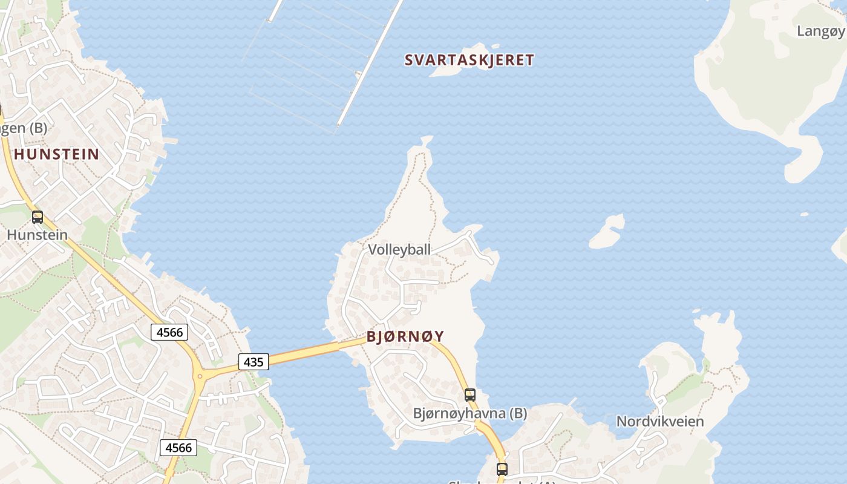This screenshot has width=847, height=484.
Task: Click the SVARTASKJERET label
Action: pyautogui.click(x=469, y=60)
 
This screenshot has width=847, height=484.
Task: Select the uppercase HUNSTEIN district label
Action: pyautogui.click(x=56, y=154)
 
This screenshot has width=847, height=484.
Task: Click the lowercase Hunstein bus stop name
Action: pyautogui.click(x=38, y=234)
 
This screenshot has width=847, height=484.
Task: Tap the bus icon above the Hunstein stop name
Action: pyautogui.click(x=38, y=217)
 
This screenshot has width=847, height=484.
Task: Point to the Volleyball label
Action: pyautogui.click(x=399, y=249)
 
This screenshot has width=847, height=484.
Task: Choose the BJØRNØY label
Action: pyautogui.click(x=405, y=336)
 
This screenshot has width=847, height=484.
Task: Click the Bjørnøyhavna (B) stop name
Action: pyautogui.click(x=470, y=413)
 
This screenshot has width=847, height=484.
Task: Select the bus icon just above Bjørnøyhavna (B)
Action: pyautogui.click(x=470, y=395)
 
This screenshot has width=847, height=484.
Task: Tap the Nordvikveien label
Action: pyautogui.click(x=660, y=421)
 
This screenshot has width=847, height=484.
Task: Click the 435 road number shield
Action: pyautogui.click(x=253, y=362)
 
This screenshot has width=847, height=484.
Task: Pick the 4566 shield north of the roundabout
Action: pyautogui.click(x=169, y=332)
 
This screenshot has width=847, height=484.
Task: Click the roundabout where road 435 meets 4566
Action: pyautogui.click(x=200, y=376)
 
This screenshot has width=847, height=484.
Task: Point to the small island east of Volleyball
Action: pyautogui.click(x=607, y=232)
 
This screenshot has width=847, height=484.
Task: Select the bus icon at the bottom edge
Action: pyautogui.click(x=502, y=469)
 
